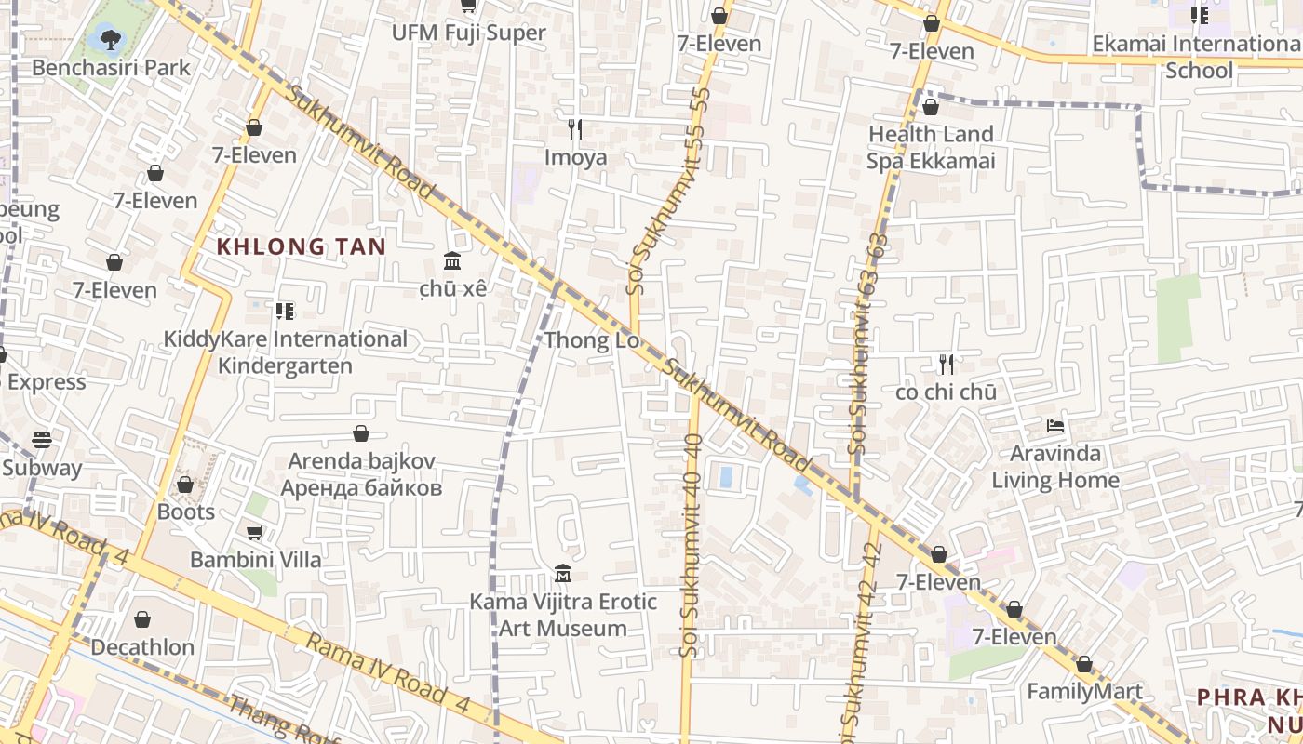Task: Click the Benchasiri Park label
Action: (x=111, y=68)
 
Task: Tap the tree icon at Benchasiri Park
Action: (x=110, y=39)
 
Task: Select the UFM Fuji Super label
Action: (x=468, y=33)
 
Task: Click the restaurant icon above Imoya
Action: (x=575, y=128)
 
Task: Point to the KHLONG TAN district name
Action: (x=301, y=246)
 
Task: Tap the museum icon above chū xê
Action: (x=452, y=259)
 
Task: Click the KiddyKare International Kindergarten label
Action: (x=285, y=352)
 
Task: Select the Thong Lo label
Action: (x=592, y=340)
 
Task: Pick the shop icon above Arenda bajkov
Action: (x=361, y=433)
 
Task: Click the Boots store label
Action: (x=185, y=512)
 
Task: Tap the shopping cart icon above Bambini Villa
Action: (x=254, y=532)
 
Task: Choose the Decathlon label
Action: (x=142, y=647)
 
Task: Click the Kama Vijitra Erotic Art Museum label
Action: (x=563, y=615)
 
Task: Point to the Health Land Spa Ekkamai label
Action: (x=931, y=147)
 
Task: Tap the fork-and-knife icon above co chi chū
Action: (x=947, y=364)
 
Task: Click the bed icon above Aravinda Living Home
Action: (x=1055, y=426)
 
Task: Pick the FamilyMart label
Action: (x=1084, y=692)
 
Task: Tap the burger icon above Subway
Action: (x=41, y=439)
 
